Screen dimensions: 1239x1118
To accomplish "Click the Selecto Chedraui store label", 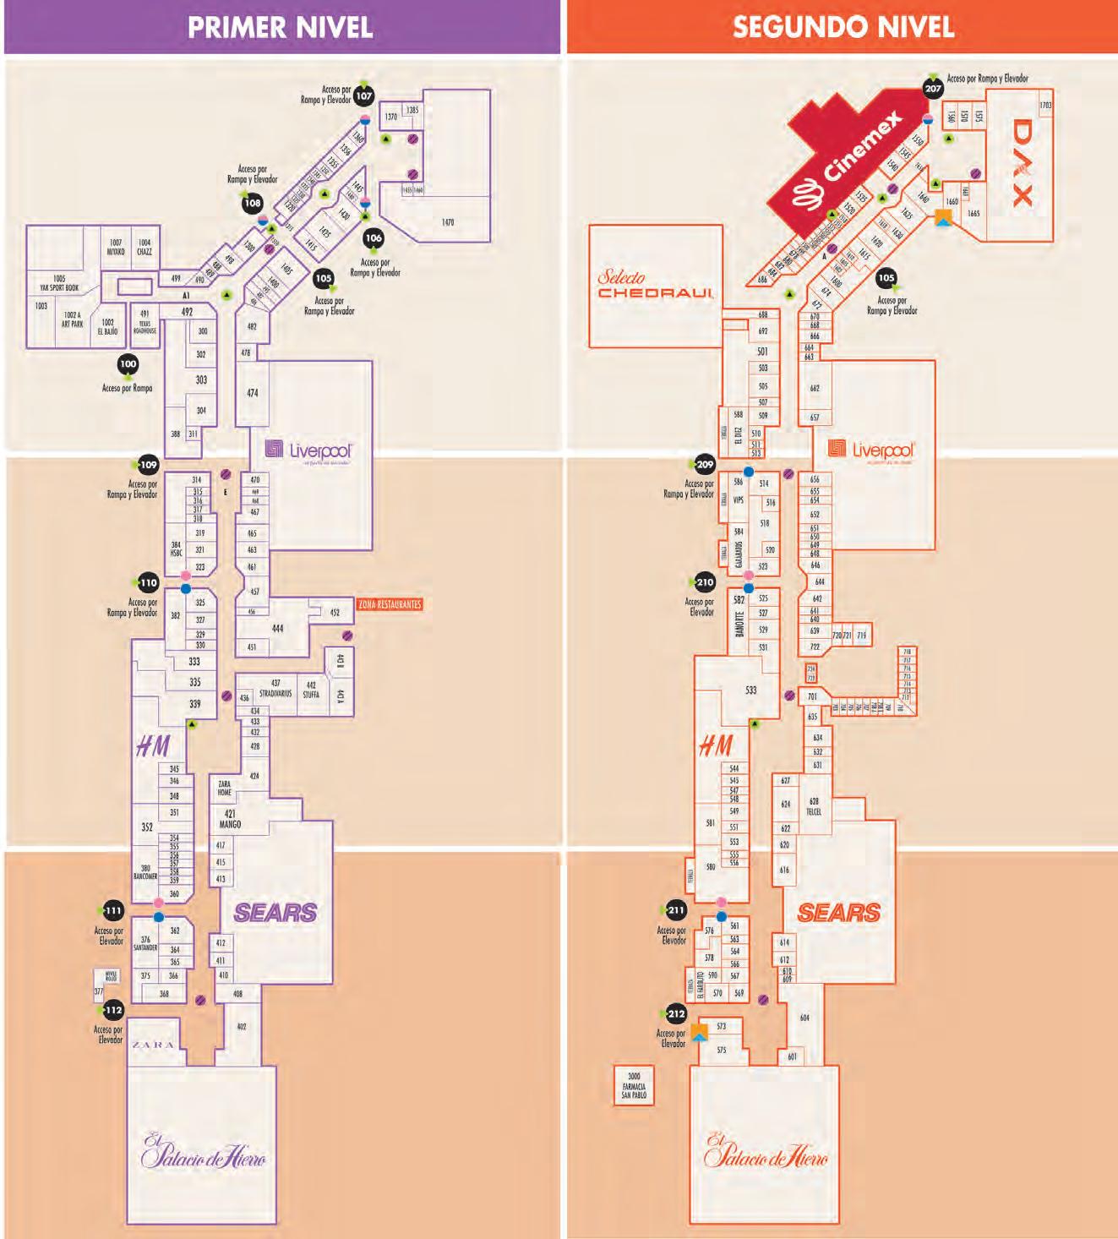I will [655, 285].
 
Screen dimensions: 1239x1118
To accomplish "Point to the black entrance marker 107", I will [363, 96].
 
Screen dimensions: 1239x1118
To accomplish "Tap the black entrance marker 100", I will [128, 364].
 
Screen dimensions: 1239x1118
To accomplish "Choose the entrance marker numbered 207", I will [933, 89].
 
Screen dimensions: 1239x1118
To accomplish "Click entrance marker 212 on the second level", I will [676, 1013].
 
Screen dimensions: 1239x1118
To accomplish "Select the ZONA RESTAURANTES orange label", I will [389, 604].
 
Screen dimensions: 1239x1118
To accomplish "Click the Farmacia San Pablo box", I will [634, 1086].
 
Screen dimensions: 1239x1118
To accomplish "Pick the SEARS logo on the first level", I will [275, 913].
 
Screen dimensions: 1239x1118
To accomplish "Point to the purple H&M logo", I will [153, 745].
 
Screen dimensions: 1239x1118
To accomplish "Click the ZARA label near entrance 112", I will [153, 1045].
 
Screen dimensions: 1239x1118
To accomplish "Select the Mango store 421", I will [230, 819].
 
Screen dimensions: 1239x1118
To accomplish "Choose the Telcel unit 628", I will [814, 806].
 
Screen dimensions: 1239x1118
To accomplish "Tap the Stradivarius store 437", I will [275, 688].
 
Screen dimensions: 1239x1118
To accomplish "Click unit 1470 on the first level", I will [448, 222].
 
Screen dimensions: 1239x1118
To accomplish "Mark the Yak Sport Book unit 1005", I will [59, 282].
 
